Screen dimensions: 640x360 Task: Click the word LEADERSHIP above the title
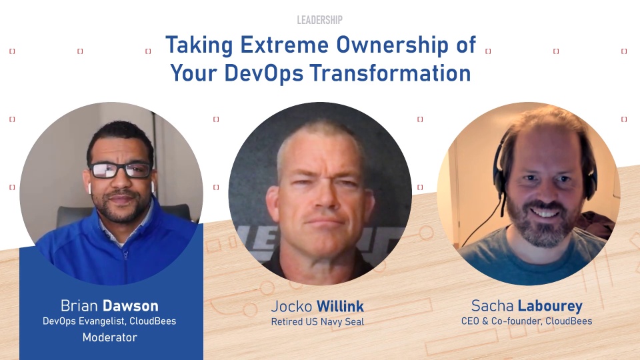coord(319,19)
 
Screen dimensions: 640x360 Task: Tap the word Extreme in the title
coord(284,45)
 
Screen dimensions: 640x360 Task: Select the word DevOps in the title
coord(264,73)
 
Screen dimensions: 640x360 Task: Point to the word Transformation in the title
coord(390,73)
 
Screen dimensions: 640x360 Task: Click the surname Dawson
coord(130,306)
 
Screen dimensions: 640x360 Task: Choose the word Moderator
coord(110,337)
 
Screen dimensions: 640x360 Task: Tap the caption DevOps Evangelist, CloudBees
coord(109,321)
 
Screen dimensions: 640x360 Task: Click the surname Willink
coord(341,307)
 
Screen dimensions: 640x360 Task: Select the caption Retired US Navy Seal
coord(317,321)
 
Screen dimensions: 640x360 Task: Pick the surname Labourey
coord(550,306)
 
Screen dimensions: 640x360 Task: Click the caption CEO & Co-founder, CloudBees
coord(527,321)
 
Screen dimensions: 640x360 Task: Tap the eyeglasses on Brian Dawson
coord(121,170)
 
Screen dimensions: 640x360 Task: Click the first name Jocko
coord(291,307)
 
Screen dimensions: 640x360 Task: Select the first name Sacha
coord(492,306)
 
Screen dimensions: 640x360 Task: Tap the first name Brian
coord(79,306)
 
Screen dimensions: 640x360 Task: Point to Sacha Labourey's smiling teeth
coord(545,213)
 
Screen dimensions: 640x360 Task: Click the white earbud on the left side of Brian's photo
coord(90,188)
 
